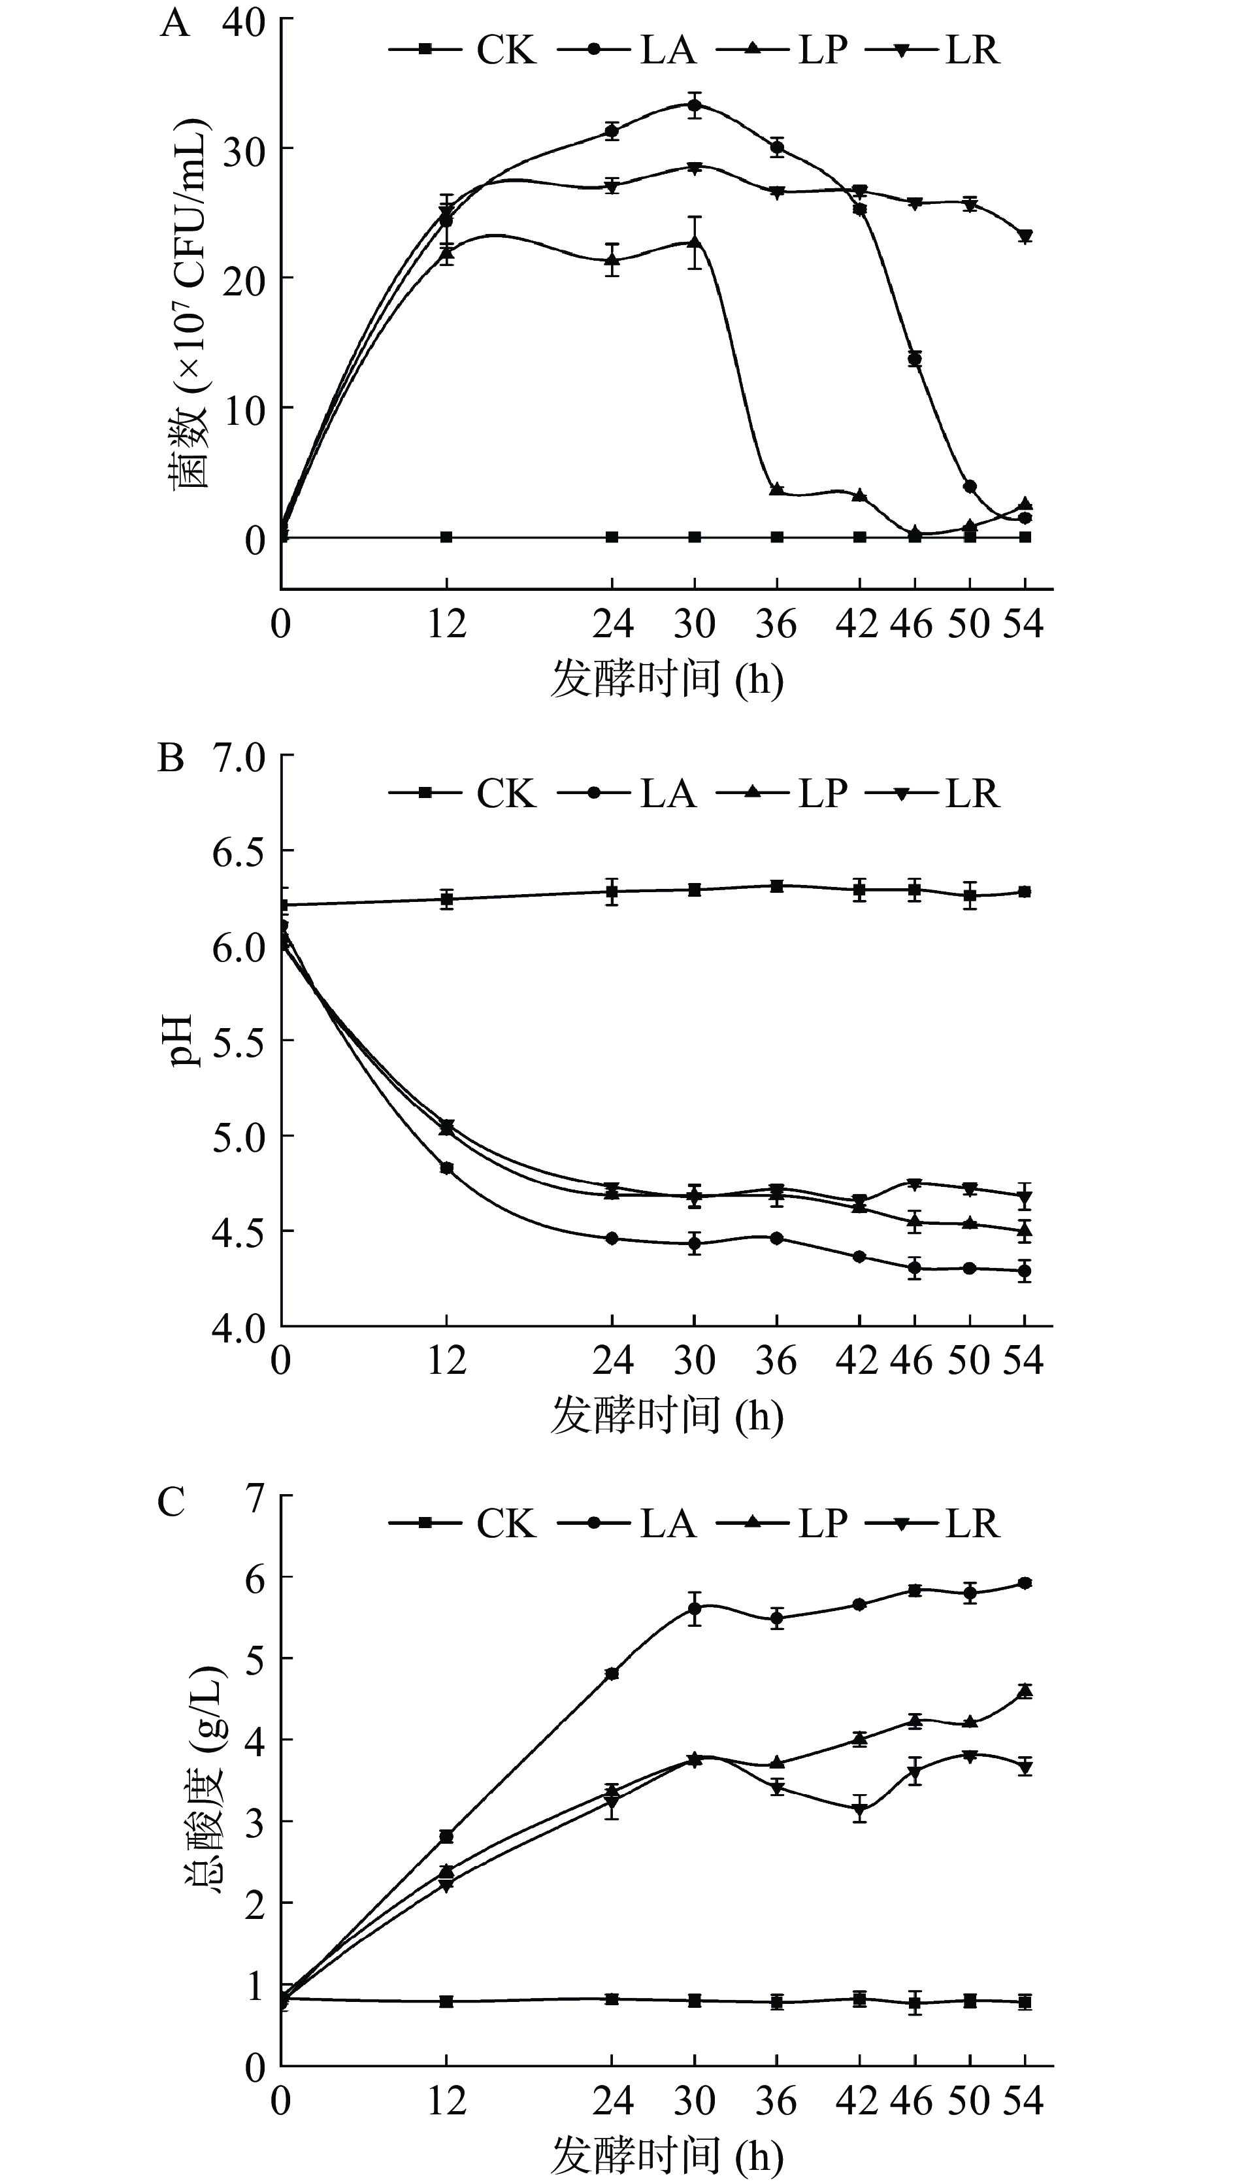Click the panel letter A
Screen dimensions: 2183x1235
point(174,24)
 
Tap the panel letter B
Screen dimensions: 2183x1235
point(171,758)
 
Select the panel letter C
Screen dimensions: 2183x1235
point(171,1502)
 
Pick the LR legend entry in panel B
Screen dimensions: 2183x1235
point(934,794)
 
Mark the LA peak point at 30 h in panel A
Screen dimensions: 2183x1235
point(695,106)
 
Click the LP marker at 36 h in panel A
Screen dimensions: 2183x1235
point(776,490)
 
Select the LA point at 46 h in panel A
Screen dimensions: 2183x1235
point(914,359)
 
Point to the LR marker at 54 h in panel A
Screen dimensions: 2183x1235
point(1025,236)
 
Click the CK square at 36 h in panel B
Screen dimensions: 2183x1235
point(776,886)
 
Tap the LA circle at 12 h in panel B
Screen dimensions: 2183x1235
point(446,1168)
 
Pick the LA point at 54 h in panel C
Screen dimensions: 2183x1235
point(1025,1583)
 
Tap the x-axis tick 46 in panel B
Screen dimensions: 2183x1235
point(911,1361)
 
